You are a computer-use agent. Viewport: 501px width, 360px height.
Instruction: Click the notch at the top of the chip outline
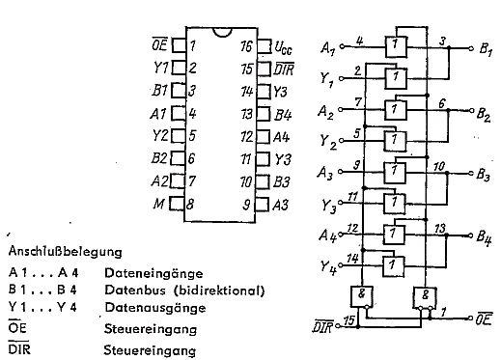click(222, 33)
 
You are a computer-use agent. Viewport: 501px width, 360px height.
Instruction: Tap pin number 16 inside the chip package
click(247, 46)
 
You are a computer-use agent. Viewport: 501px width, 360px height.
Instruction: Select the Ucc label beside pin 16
click(283, 47)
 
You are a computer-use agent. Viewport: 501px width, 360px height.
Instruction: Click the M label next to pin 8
click(159, 204)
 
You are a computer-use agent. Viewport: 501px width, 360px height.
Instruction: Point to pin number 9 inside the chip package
click(246, 205)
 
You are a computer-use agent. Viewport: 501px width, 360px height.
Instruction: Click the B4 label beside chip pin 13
click(283, 115)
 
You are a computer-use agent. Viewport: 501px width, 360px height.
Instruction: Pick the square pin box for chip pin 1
click(179, 45)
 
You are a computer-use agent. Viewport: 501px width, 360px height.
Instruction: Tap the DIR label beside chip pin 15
click(284, 69)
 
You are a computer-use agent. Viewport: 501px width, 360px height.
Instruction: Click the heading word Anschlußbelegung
click(66, 251)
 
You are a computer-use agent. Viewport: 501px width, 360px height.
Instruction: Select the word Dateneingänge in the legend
click(153, 273)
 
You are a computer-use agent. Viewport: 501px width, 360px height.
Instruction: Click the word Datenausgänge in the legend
click(154, 308)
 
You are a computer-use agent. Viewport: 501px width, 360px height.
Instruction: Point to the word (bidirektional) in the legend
click(219, 291)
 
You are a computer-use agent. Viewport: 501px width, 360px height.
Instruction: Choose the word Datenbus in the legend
click(135, 291)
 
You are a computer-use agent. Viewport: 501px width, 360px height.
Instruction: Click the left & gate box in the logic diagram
click(362, 296)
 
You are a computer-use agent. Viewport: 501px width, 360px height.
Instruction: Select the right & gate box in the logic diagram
click(425, 297)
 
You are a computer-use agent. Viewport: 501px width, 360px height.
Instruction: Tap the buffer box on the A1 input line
click(396, 47)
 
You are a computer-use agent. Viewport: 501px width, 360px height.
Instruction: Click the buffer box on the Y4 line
click(393, 266)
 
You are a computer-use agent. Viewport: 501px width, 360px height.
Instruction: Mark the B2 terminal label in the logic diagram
click(484, 115)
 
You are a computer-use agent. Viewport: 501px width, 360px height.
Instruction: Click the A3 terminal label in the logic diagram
click(325, 173)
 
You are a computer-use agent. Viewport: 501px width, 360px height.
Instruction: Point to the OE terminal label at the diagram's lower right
click(484, 319)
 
